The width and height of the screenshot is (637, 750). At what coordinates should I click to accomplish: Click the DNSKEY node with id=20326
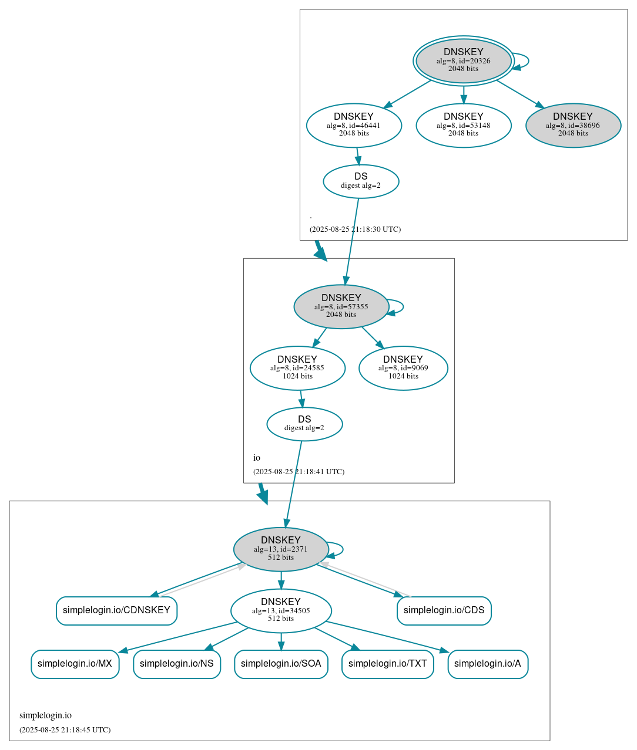[x=463, y=60]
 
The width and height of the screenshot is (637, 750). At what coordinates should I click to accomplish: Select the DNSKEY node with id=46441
[x=354, y=125]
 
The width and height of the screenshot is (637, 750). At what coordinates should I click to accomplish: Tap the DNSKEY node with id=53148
[x=463, y=125]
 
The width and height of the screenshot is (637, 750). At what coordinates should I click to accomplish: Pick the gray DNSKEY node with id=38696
[x=573, y=125]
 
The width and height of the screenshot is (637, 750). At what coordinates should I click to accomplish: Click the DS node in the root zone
[x=361, y=181]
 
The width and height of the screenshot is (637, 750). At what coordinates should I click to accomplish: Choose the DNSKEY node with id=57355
[x=341, y=306]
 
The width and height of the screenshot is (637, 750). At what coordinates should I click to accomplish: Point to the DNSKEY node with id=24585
[x=297, y=368]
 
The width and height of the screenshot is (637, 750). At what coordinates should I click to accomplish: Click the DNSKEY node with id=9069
[x=403, y=368]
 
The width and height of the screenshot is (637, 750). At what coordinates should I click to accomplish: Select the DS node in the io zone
[x=304, y=424]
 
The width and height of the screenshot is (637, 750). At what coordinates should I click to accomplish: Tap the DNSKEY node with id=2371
[x=281, y=549]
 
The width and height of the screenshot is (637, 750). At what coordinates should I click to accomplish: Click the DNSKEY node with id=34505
[x=281, y=610]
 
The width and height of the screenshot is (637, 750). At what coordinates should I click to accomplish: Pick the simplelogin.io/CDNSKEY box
[x=116, y=610]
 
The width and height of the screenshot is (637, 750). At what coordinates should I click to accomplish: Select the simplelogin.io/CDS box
[x=444, y=610]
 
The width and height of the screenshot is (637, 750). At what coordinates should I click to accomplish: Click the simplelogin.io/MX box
[x=75, y=664]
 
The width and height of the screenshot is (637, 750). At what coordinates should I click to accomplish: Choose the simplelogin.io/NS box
[x=176, y=664]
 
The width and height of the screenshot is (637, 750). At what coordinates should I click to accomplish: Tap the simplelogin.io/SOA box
[x=281, y=664]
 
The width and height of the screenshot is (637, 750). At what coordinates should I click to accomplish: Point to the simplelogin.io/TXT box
[x=387, y=664]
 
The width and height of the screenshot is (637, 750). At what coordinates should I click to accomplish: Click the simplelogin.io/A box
[x=487, y=664]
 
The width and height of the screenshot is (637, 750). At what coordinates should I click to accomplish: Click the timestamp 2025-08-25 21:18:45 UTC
[x=65, y=730]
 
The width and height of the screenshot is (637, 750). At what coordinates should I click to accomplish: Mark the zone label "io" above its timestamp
[x=257, y=458]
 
